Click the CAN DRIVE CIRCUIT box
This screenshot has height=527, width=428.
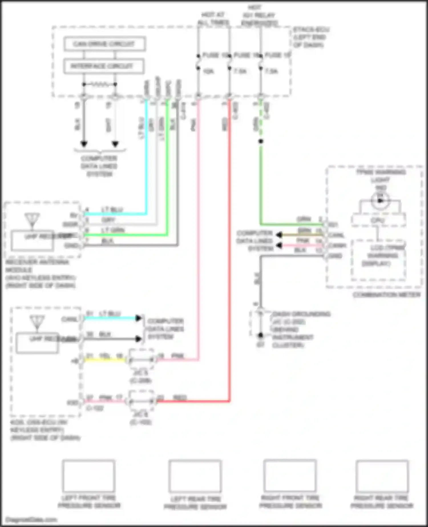tap(104, 44)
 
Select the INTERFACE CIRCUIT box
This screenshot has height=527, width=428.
tap(103, 66)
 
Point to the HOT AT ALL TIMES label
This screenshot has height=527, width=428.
tap(213, 19)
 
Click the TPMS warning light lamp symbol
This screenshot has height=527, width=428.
tap(380, 200)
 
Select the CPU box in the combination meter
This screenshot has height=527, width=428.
tap(378, 221)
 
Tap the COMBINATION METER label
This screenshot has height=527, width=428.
tap(387, 295)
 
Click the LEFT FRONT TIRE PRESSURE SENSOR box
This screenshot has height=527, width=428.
tap(89, 476)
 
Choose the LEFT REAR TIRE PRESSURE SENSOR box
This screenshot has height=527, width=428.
tap(195, 476)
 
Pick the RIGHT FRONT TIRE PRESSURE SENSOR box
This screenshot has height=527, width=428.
tap(290, 475)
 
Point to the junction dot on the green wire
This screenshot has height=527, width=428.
tap(261, 141)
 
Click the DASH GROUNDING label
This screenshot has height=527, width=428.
tap(301, 314)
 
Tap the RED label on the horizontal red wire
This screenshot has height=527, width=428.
tap(180, 397)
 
